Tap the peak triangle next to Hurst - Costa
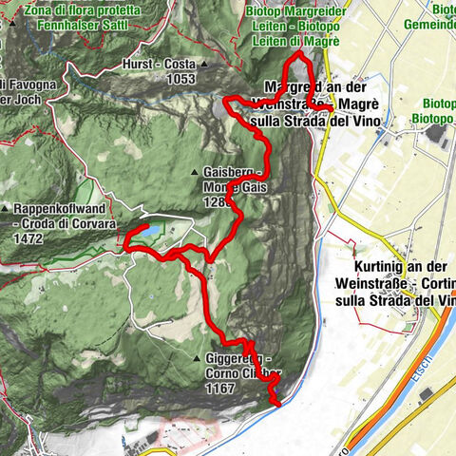click(205, 65)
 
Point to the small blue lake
click(150, 230)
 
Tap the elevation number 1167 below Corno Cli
click(220, 388)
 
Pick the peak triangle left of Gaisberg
click(195, 172)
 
